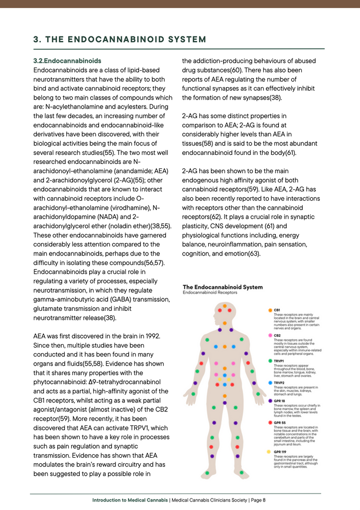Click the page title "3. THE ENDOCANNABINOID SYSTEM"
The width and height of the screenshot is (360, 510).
[120, 39]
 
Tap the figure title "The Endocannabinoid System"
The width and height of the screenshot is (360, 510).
[223, 287]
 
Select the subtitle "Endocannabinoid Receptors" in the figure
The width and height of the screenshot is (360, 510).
[210, 293]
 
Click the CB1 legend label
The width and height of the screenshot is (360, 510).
[277, 310]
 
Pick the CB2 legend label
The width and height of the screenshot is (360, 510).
[277, 335]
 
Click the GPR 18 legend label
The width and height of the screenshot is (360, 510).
[279, 400]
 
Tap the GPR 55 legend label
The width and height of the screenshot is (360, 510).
[279, 422]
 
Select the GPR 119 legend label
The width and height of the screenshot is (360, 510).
[280, 452]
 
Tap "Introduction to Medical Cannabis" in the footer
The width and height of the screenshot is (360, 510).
[130, 500]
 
